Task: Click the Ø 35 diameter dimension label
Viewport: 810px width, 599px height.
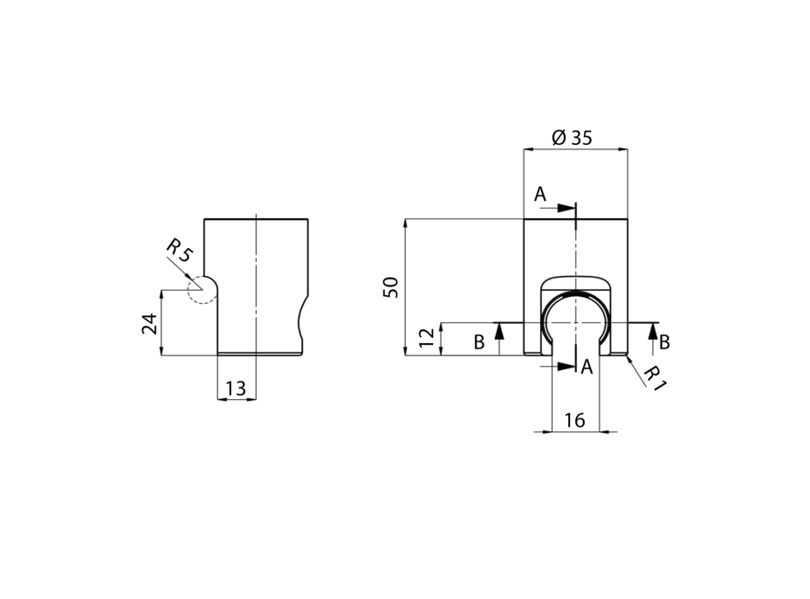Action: (572, 137)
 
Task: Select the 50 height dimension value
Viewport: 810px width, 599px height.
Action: (391, 287)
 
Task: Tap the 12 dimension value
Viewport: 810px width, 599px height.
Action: (427, 338)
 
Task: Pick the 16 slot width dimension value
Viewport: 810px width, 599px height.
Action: (574, 421)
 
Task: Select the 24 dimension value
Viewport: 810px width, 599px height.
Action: (150, 324)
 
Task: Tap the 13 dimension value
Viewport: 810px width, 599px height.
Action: (236, 389)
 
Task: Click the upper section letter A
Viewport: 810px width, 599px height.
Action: (539, 195)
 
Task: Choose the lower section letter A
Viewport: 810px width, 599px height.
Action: (587, 367)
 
